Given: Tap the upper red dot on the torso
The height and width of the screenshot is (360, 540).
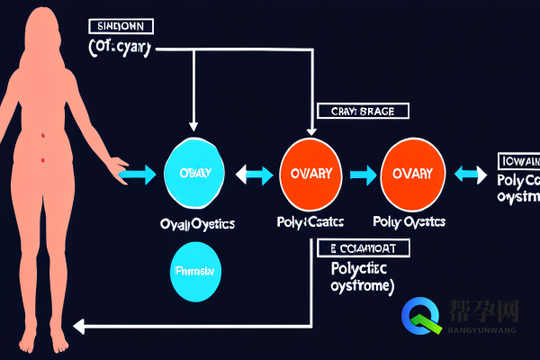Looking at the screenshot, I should pos(42,135).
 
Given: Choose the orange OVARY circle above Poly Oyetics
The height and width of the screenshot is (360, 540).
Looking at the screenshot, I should pos(413,173).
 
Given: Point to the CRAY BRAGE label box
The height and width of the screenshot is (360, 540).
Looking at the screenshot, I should pos(363,111).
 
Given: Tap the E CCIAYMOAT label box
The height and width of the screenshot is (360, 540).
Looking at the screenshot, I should pos(363,247).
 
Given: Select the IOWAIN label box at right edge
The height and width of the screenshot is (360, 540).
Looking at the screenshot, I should pos(517,162).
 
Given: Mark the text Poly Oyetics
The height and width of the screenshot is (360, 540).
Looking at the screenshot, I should pos(410,221).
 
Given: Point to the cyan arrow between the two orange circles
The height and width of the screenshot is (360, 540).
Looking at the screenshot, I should pos(364,174).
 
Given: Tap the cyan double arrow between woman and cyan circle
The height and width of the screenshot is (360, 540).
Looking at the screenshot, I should pos(137,175).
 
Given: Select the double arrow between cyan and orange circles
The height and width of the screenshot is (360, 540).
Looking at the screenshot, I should pos(254,174).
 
